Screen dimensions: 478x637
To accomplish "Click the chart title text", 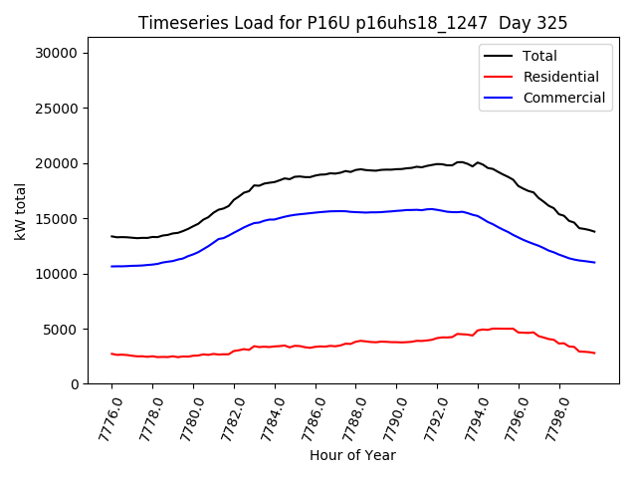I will click(352, 23).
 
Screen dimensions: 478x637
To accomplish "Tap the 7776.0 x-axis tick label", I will click(104, 419).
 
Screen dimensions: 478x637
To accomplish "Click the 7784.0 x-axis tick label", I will click(266, 419).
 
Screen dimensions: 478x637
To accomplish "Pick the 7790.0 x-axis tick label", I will click(388, 419).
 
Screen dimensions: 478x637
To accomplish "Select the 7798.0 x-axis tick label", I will click(550, 419).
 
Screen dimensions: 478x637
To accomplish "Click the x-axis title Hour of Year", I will click(352, 455).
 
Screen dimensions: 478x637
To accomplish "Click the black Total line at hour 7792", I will click(437, 163).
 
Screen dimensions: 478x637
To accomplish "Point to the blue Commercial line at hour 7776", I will click(111, 266).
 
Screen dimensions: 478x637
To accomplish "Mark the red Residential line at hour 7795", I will click(498, 328).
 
